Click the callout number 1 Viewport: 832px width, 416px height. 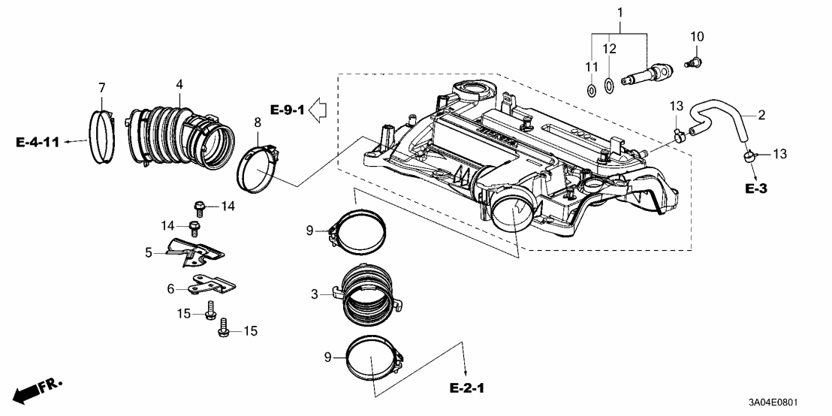(x=620, y=12)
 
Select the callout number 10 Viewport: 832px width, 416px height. (x=697, y=36)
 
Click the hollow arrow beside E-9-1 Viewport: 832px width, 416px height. (x=321, y=111)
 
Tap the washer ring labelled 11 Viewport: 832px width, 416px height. (x=591, y=92)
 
